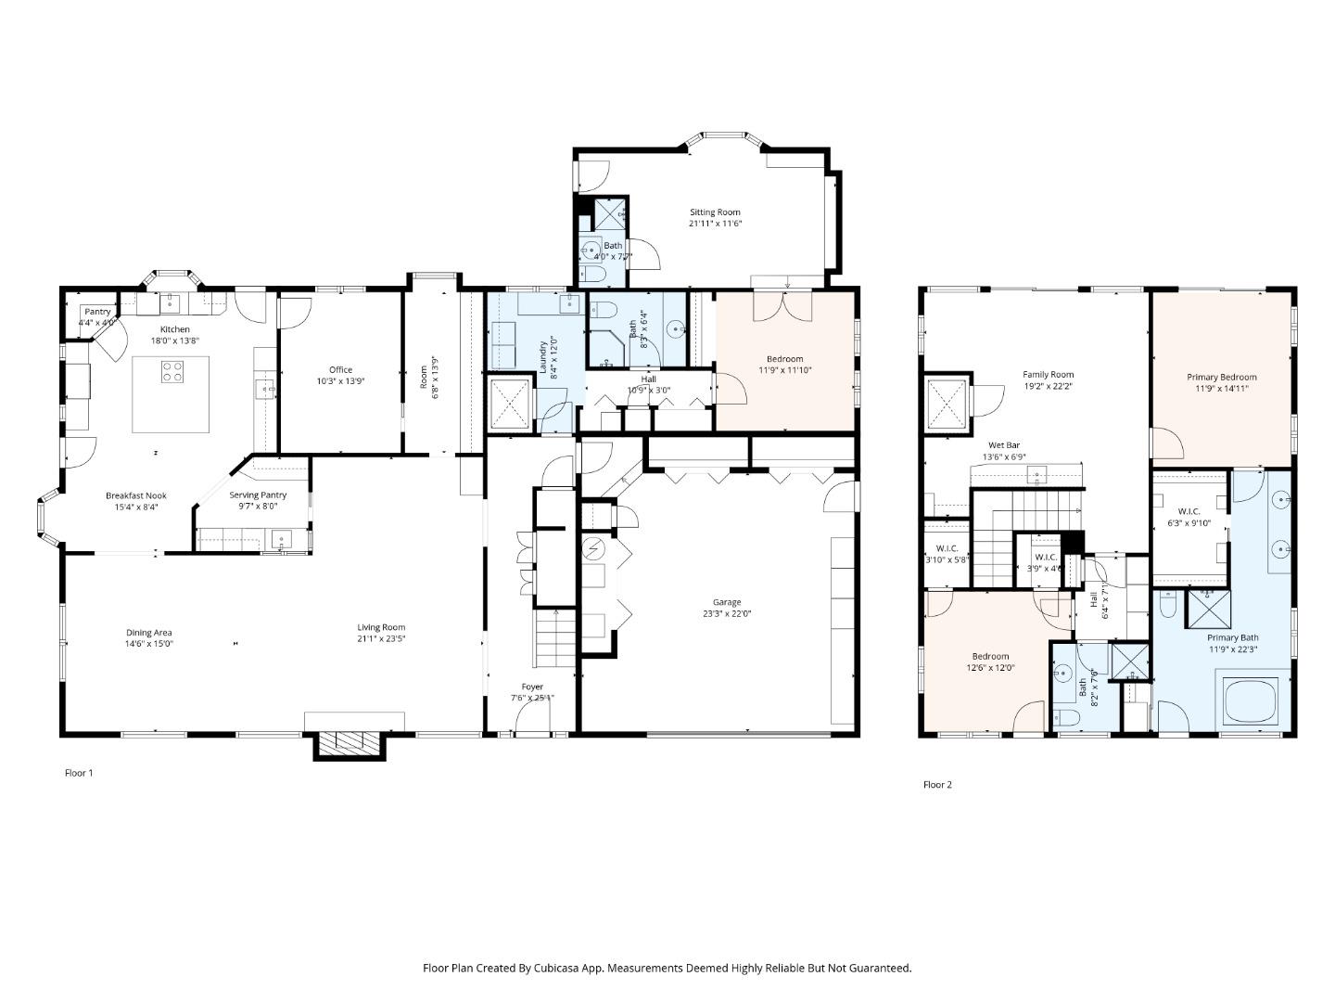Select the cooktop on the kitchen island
172,372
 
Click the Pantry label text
97,312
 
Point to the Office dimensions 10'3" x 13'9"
340,381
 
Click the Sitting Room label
715,212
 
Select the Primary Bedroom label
1221,377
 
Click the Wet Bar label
1003,445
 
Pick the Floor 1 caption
79,773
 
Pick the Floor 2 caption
937,785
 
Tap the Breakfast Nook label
135,495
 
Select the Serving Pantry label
258,495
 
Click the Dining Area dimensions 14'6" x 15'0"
149,644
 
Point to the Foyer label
532,687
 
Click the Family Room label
1048,375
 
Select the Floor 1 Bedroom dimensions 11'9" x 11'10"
784,370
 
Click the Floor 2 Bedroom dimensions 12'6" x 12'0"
990,667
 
